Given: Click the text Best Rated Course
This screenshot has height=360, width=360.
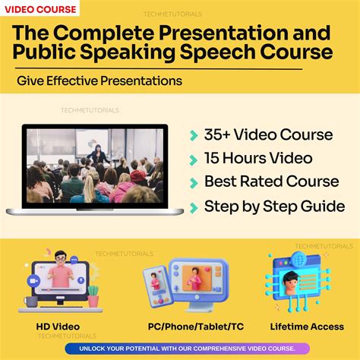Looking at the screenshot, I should point(271,182).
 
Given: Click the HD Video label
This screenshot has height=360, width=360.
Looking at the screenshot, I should point(58,327).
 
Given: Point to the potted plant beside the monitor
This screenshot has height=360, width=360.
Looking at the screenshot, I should point(93,295).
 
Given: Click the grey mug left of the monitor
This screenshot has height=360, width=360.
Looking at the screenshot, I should point(30,302).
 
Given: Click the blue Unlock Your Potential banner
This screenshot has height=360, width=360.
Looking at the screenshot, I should point(180,349).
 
